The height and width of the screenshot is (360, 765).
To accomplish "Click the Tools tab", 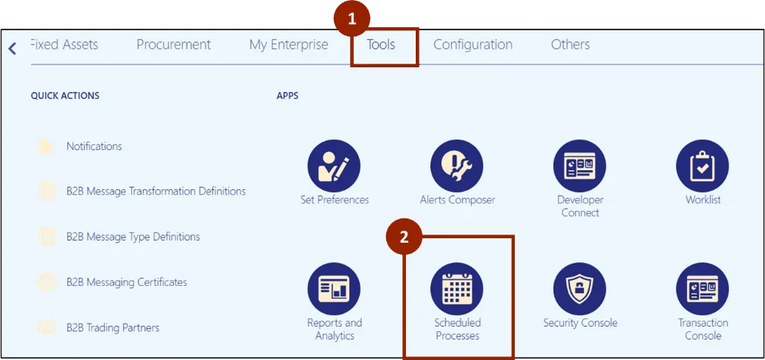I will [381, 45].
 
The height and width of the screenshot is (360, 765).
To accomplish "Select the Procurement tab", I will [173, 45].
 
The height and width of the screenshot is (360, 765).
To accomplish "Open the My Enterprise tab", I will [289, 45].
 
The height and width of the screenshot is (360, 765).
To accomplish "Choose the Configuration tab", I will [472, 45].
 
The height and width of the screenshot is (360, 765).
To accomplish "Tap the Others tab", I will [570, 45].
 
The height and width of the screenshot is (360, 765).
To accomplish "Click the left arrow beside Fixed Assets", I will [12, 48].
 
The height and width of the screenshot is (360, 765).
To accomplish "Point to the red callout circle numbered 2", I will [404, 237].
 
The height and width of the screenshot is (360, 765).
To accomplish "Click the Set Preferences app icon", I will [334, 166].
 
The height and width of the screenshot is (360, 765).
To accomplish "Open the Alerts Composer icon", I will [457, 166].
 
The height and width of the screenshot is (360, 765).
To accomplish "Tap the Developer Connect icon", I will [580, 166].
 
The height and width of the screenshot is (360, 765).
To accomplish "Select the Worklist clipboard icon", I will [702, 166].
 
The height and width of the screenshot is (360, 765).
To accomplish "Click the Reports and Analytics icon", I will [334, 289].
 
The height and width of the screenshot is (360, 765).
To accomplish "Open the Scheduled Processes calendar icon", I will [457, 289].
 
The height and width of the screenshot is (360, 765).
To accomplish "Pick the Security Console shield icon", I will [580, 289].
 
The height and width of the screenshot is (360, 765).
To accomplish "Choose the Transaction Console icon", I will [702, 289].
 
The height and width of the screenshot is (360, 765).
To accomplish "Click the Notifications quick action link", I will [94, 146].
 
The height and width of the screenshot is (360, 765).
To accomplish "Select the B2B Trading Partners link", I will [113, 327].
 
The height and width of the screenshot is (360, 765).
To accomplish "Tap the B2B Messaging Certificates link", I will [126, 282].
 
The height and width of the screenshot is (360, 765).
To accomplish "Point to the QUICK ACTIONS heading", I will [65, 96].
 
